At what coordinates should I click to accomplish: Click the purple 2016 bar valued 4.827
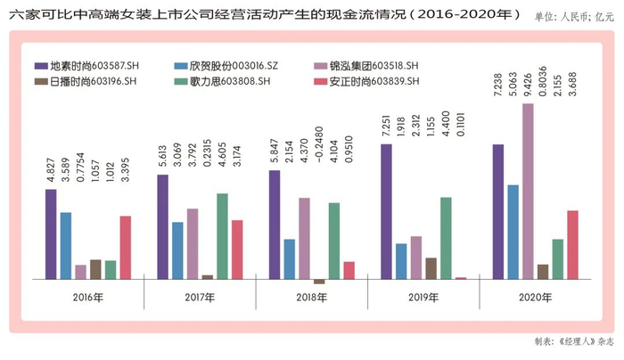[51, 233]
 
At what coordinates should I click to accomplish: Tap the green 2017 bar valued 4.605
[221, 236]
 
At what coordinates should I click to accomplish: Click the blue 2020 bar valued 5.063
[513, 232]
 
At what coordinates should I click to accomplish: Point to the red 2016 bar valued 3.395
[126, 247]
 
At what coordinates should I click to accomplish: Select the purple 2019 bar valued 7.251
[387, 211]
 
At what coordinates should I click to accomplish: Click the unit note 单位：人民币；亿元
[574, 16]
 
